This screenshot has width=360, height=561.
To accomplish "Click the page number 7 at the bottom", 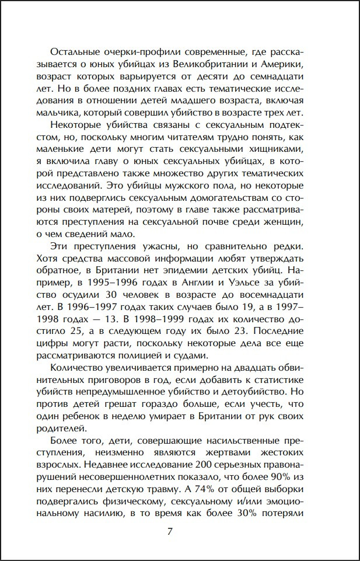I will click(x=170, y=532).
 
